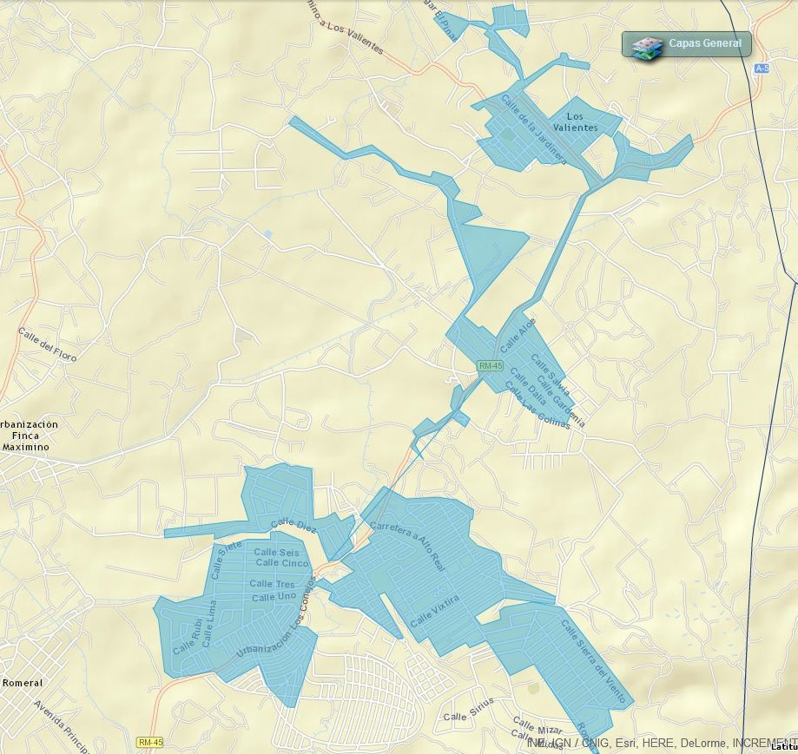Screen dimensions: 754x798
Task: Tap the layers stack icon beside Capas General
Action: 646,45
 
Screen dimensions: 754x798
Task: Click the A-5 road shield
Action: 762,68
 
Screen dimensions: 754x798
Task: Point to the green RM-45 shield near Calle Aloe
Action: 491,366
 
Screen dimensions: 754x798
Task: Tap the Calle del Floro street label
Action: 47,344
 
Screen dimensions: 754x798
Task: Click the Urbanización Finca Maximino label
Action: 26,436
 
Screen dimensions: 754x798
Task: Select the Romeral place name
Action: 22,683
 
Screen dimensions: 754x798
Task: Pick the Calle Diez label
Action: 294,525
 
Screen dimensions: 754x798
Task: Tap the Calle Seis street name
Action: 276,553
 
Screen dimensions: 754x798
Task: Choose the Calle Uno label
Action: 274,597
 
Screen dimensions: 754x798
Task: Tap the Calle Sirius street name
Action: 468,709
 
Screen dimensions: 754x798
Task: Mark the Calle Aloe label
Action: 518,334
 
